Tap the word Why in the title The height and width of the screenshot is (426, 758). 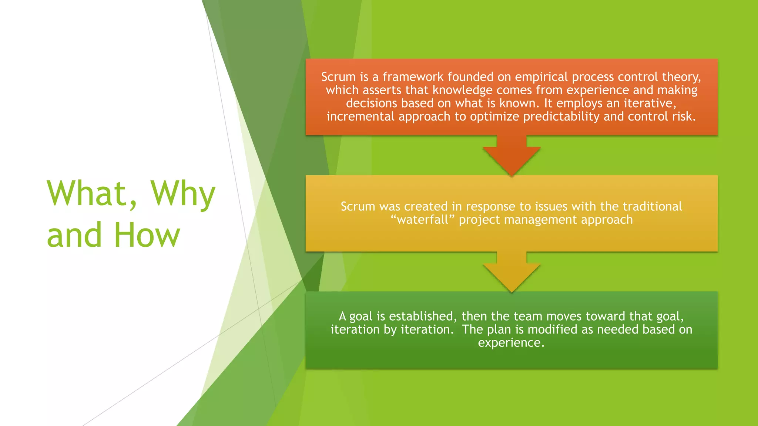coord(183,194)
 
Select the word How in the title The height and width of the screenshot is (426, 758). coord(147,235)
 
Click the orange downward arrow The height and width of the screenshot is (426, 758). coord(512,155)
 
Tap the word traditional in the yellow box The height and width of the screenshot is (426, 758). coord(652,206)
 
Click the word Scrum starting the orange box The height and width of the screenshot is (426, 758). coord(338,77)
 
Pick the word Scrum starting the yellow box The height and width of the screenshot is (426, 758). coord(358,206)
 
